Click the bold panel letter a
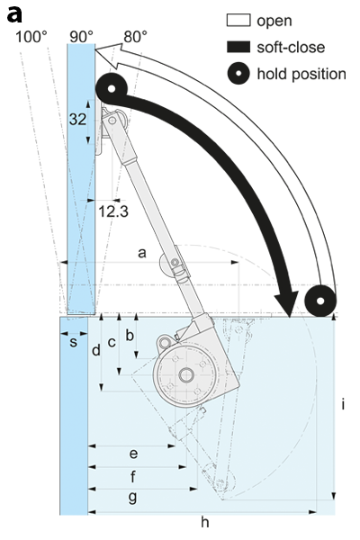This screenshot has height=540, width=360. coord(14,14)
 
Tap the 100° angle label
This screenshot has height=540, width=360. coord(31,37)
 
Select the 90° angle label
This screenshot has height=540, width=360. coord(82,37)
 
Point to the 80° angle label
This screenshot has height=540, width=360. coord(135,37)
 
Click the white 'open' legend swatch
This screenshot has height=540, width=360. coord(238,20)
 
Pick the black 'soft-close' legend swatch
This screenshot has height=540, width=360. coord(238,47)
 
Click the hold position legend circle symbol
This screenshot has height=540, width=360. coord(238,74)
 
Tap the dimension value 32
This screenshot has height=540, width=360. coord(77,120)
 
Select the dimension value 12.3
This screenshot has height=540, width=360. coord(113,211)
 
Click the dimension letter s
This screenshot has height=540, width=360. coord(74,343)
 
